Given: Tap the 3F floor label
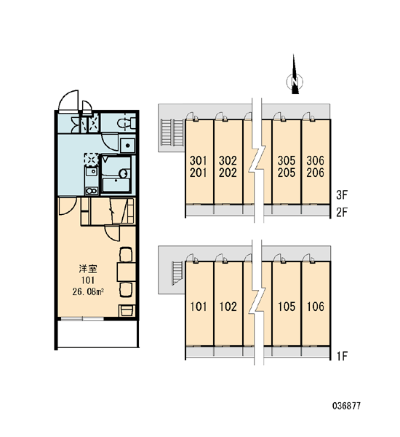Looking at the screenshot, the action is pos(342,195).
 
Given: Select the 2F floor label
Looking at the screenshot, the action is pos(342,213).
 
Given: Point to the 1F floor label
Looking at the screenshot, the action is pos(342,356).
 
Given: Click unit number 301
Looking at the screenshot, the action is pos(199,160).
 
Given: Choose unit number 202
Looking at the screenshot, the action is pos(228,173).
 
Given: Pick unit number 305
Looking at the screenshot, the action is pos(286,160).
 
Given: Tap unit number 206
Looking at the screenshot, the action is pos(316,173).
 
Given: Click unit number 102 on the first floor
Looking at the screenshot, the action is pos(228,307).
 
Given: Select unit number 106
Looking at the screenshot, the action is pos(316,307).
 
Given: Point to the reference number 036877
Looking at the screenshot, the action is pos(347,406).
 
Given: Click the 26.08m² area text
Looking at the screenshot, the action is pos(88,292).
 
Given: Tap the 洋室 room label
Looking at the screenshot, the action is pos(88,269).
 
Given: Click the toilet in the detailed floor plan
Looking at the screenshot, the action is pos(126,122).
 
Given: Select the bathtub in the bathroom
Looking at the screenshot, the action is pos(116,185).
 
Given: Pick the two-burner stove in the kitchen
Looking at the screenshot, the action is pos(92,191).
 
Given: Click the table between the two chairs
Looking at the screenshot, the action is pos(126,272).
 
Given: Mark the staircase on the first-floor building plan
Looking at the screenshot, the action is pos(177,273).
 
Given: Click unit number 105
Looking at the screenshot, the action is pos(287,307).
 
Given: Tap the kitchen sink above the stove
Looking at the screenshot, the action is pos(92,172).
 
